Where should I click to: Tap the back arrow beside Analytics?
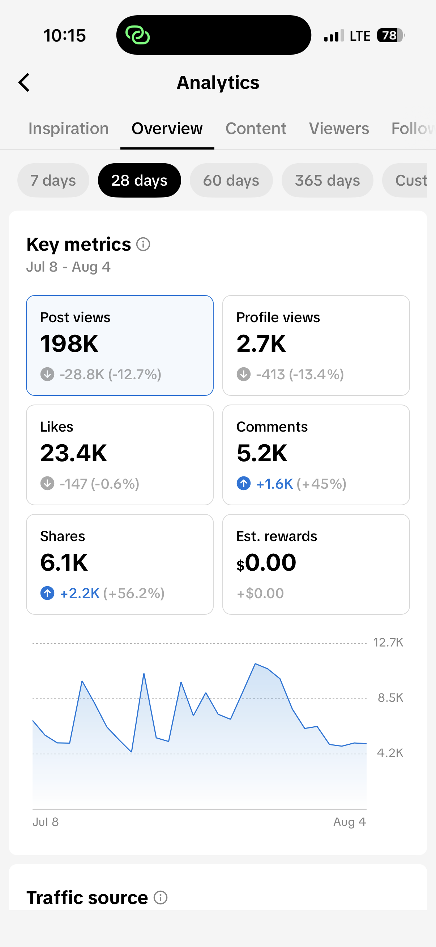[24, 82]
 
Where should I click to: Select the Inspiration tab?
[68, 129]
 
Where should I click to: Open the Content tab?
[256, 129]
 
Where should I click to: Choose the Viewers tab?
[339, 129]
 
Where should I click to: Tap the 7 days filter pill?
[54, 181]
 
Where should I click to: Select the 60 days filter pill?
[231, 181]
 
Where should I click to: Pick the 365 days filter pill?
[328, 181]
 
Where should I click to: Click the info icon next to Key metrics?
[143, 244]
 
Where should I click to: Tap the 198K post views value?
[69, 344]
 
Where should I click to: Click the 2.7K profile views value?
[261, 344]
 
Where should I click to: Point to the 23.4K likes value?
[74, 453]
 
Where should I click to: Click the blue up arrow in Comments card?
[244, 483]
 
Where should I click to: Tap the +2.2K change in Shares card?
[80, 593]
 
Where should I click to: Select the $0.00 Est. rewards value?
[266, 562]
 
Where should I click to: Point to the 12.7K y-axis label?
[388, 642]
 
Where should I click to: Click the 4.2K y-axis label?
[390, 753]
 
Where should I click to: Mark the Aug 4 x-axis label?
[350, 822]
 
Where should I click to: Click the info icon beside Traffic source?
[161, 898]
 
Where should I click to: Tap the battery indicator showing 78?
[391, 36]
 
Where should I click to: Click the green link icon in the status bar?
[138, 35]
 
